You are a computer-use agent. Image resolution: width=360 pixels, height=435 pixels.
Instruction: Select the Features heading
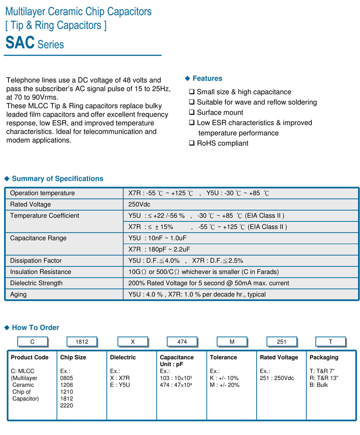coord(207,79)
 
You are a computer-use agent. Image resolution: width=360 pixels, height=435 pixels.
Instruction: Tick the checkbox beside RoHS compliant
coord(192,144)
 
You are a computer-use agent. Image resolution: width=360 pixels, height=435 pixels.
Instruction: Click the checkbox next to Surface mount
coord(192,112)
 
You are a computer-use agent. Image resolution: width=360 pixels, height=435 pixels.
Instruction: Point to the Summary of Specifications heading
coord(57,179)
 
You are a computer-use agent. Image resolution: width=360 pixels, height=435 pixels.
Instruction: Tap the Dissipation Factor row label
coord(36,260)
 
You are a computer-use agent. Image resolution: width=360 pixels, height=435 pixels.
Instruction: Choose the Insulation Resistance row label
coord(40,272)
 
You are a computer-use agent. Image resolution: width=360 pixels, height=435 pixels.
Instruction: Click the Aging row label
coord(18,294)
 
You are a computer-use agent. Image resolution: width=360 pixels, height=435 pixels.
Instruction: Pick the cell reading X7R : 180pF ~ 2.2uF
coord(159,249)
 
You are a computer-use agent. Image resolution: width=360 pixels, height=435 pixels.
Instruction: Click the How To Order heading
coord(35,327)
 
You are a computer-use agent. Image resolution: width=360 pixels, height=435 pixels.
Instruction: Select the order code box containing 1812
coord(82,342)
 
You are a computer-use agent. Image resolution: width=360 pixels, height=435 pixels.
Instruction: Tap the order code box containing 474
coord(182,342)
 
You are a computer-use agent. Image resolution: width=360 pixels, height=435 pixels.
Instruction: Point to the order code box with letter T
coord(330,342)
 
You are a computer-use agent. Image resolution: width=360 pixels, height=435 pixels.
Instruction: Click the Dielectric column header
coord(123,357)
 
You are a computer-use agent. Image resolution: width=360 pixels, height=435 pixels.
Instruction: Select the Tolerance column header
coord(223,357)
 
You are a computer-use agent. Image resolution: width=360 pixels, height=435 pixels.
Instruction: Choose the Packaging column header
coord(324,357)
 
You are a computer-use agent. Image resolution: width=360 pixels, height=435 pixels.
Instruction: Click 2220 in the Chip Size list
coord(67,405)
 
